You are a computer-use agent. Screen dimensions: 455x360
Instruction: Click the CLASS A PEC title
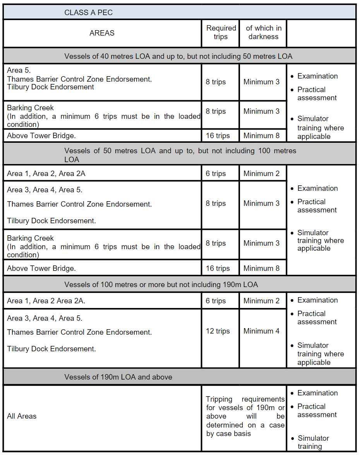pyautogui.click(x=89, y=13)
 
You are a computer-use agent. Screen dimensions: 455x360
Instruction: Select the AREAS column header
pyautogui.click(x=102, y=33)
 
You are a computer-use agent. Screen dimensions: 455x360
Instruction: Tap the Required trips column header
pyautogui.click(x=221, y=32)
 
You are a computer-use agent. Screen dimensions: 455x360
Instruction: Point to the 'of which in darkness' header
pyautogui.click(x=263, y=32)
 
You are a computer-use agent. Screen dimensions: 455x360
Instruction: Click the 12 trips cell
pyautogui.click(x=218, y=331)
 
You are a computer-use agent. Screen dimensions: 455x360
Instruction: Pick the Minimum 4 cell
pyautogui.click(x=261, y=331)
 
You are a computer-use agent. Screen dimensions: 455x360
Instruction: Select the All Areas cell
pyautogui.click(x=22, y=416)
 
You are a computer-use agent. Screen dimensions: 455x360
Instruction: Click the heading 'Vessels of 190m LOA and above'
pyautogui.click(x=118, y=377)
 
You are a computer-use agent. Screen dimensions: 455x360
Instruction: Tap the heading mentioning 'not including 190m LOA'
pyautogui.click(x=161, y=285)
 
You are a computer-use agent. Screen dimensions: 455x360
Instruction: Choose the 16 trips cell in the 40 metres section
pyautogui.click(x=218, y=136)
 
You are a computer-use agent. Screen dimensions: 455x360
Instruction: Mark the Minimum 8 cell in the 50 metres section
pyautogui.click(x=261, y=269)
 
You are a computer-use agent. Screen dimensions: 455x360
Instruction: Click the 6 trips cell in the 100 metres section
pyautogui.click(x=216, y=301)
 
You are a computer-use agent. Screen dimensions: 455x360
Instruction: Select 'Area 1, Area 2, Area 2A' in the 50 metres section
pyautogui.click(x=46, y=174)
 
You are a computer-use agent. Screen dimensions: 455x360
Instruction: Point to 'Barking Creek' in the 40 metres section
pyautogui.click(x=30, y=108)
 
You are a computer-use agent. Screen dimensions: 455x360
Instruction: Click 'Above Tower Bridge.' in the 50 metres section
pyautogui.click(x=41, y=268)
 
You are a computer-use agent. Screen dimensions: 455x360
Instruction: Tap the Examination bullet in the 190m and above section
pyautogui.click(x=317, y=393)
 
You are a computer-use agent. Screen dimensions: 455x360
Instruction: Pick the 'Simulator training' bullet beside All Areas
pyautogui.click(x=314, y=442)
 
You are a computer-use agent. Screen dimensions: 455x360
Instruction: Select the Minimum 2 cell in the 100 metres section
pyautogui.click(x=261, y=301)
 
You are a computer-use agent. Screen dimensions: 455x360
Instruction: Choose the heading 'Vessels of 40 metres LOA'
pyautogui.click(x=178, y=56)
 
